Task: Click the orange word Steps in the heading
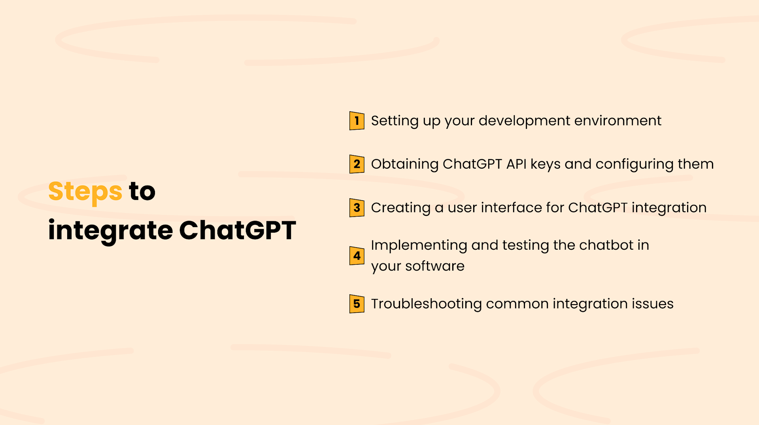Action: [x=85, y=192]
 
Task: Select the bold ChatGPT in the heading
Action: [x=237, y=230]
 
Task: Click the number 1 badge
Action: [x=357, y=121]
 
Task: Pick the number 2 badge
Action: [x=357, y=164]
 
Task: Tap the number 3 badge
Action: [x=357, y=208]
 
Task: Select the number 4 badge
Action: [x=357, y=256]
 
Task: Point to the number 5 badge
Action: [x=357, y=304]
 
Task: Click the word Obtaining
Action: [x=404, y=164]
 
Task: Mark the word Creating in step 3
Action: [x=400, y=208]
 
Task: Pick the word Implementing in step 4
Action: [x=419, y=246]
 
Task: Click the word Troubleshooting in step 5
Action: [x=426, y=304]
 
